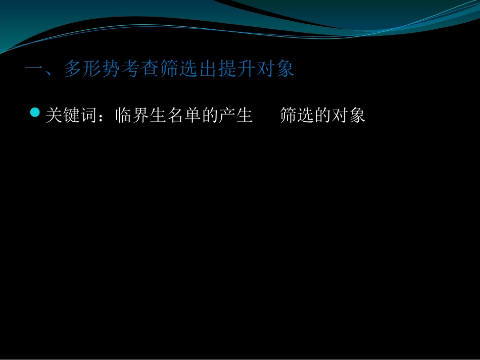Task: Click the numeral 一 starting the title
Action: pyautogui.click(x=34, y=69)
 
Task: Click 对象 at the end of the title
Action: pyautogui.click(x=275, y=69)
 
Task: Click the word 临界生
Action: pyautogui.click(x=140, y=116)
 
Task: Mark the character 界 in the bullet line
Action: pyautogui.click(x=140, y=116)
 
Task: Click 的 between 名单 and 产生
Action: pyautogui.click(x=209, y=116)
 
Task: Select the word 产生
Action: pyautogui.click(x=235, y=116)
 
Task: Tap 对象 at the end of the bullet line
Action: pyautogui.click(x=348, y=116)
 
